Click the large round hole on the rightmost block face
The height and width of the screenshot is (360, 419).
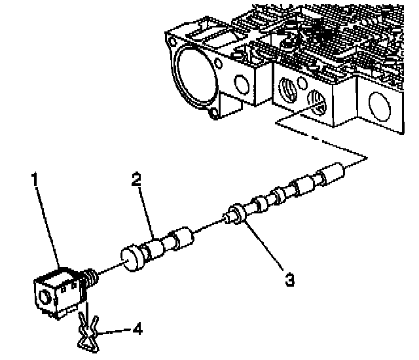pyautogui.click(x=381, y=108)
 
